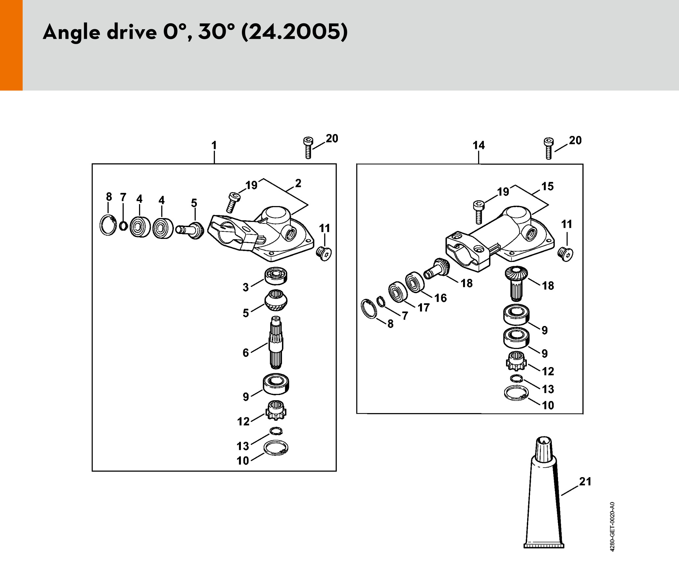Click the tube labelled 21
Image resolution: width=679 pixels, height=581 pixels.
pos(544,493)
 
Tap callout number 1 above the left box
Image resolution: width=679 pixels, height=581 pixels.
pos(214,145)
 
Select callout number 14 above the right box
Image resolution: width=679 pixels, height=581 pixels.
pos(479,145)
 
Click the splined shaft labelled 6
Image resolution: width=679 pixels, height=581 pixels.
pos(276,342)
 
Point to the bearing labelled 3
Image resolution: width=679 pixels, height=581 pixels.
pos(276,276)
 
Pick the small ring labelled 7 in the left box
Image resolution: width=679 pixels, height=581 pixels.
pos(123,226)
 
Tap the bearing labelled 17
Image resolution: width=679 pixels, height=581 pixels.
pos(398,292)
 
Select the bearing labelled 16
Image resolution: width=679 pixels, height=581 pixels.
pos(415,282)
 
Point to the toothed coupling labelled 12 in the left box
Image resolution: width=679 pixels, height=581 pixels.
pos(276,410)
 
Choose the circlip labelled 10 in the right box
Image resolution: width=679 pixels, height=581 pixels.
pos(516,393)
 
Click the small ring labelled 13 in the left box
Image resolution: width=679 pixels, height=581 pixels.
pos(276,430)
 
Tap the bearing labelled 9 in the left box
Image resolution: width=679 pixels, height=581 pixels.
pos(276,384)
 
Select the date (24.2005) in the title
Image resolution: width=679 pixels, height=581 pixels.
pos(294,32)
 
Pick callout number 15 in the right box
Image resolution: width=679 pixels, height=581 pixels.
pos(548,186)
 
